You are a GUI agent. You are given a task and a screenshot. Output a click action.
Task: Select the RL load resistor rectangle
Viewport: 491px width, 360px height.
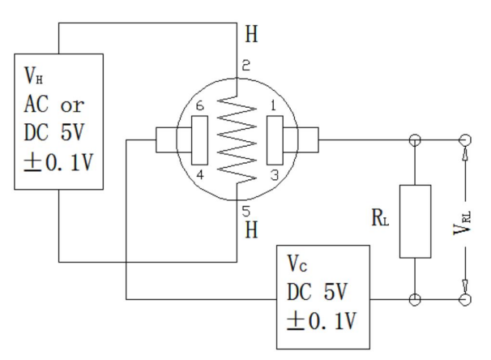click(414, 221)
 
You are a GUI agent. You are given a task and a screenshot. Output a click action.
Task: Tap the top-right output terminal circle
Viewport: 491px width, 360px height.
click(465, 139)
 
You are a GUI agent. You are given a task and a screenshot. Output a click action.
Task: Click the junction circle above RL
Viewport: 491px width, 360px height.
click(414, 139)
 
